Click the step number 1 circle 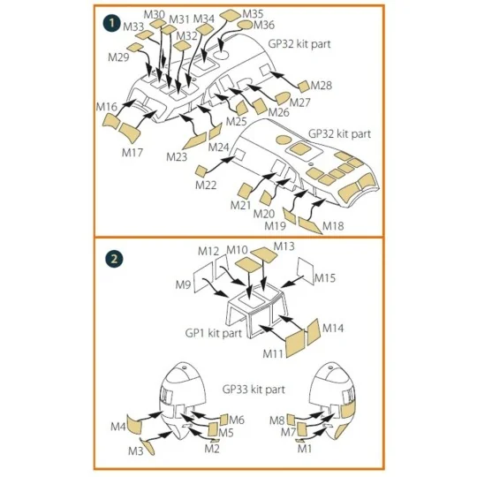pyautogui.click(x=112, y=23)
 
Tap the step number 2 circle pyautogui.click(x=114, y=259)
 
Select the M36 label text pyautogui.click(x=264, y=25)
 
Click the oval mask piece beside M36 pyautogui.click(x=245, y=25)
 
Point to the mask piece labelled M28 pyautogui.click(x=304, y=87)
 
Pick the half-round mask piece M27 pyautogui.click(x=283, y=98)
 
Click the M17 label pyautogui.click(x=132, y=153)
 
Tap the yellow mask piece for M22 pyautogui.click(x=201, y=171)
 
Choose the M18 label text pyautogui.click(x=333, y=226)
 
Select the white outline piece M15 pyautogui.click(x=306, y=271)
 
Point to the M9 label pyautogui.click(x=183, y=284)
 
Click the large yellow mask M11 pyautogui.click(x=295, y=344)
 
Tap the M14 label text pyautogui.click(x=333, y=329)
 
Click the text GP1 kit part pyautogui.click(x=214, y=333)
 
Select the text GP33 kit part pyautogui.click(x=254, y=390)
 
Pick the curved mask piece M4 pyautogui.click(x=134, y=423)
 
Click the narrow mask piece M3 pyautogui.click(x=147, y=447)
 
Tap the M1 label pyautogui.click(x=304, y=449)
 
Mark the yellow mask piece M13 pyautogui.click(x=264, y=254)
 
